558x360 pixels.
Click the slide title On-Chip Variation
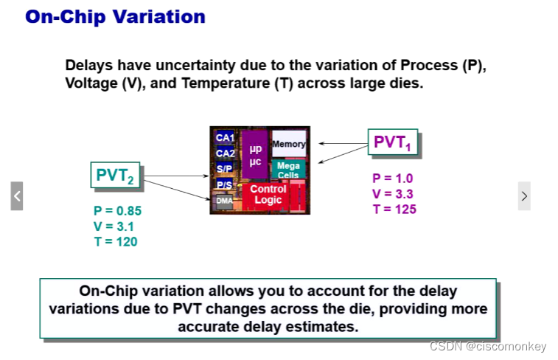[x=115, y=15]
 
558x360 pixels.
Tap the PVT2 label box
[x=115, y=176]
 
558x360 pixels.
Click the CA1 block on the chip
[x=225, y=138]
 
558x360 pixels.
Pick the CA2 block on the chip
[x=225, y=153]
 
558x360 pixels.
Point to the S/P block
[x=224, y=169]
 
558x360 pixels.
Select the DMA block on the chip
[x=223, y=200]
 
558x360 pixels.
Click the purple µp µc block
[x=255, y=155]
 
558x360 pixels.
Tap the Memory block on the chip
[x=288, y=144]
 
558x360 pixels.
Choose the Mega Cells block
[x=288, y=170]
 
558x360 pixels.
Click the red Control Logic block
[x=268, y=195]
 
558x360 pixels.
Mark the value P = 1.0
[x=393, y=179]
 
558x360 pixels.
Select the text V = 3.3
[x=393, y=194]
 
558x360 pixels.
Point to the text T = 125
[x=394, y=210]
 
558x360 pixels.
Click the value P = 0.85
[x=117, y=211]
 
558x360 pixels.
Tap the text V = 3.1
[x=114, y=226]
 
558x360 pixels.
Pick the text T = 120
[x=116, y=242]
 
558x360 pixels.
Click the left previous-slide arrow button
[x=17, y=196]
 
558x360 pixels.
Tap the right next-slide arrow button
[x=524, y=196]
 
